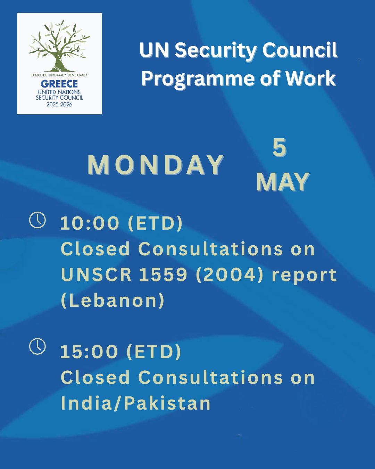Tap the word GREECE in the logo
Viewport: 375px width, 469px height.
[x=59, y=84]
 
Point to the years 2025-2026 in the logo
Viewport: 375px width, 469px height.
[x=59, y=104]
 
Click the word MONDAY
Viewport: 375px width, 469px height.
[x=156, y=165]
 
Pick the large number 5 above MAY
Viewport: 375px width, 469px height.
[x=280, y=147]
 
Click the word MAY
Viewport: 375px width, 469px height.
[x=283, y=182]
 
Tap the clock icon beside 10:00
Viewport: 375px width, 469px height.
[x=37, y=220]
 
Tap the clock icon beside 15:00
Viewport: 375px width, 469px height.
[x=37, y=346]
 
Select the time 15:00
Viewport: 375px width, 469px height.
[x=89, y=352]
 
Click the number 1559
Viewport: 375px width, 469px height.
[x=163, y=275]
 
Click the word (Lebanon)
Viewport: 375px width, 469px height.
[x=112, y=300]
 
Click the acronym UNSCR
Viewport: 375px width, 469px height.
[x=96, y=275]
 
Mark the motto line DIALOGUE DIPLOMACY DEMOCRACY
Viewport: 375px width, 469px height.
[x=59, y=75]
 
